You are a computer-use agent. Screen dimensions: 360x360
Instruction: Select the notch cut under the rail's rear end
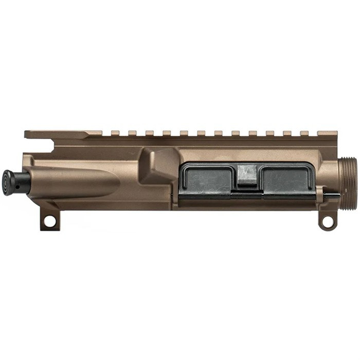[x=51, y=145]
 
